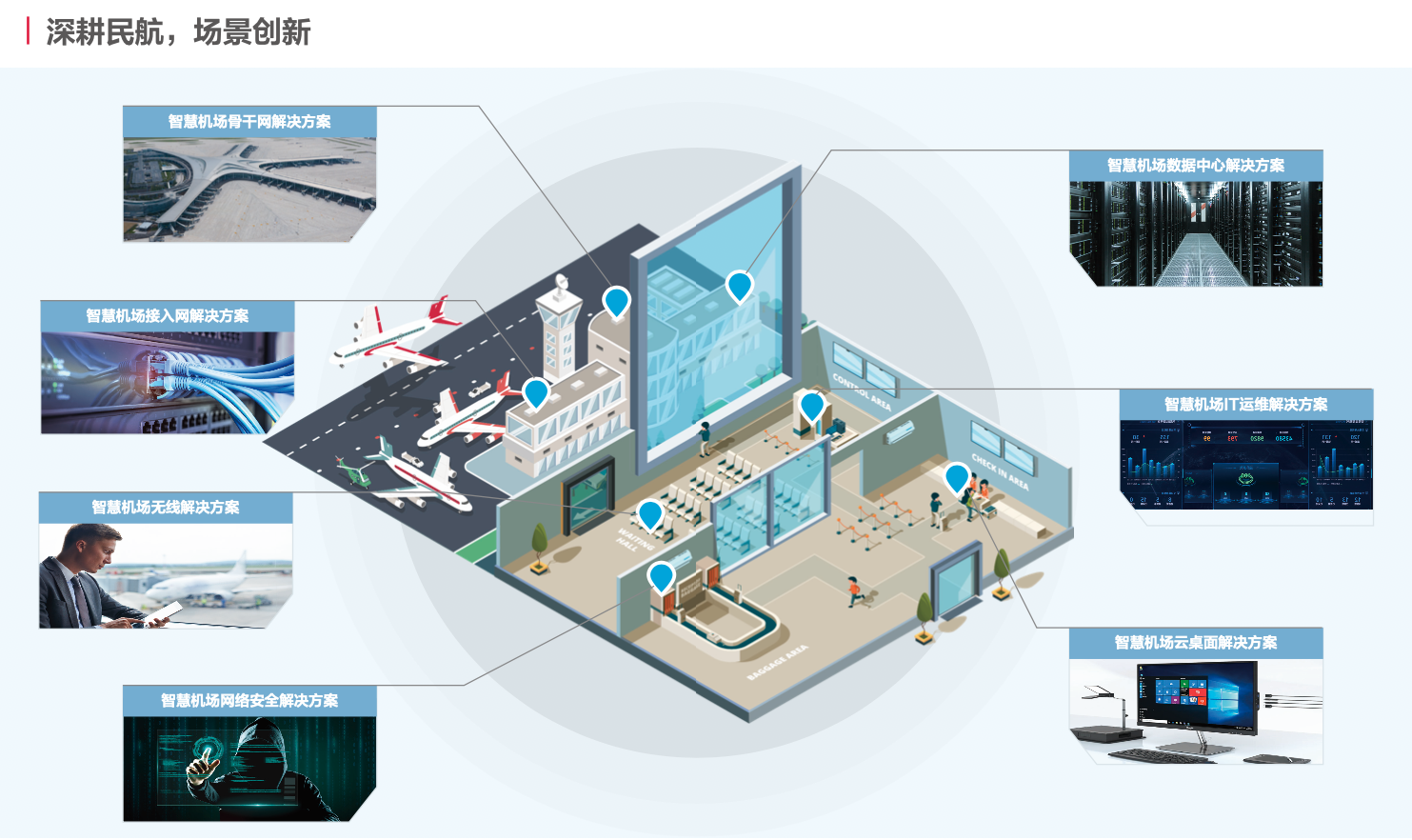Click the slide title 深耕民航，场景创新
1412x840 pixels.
[178, 32]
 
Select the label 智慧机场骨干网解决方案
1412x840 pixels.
[249, 122]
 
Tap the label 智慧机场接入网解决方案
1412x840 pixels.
[168, 316]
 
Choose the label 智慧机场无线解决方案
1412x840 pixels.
[166, 508]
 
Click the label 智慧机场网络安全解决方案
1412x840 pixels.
[249, 701]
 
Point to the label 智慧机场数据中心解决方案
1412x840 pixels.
[1196, 166]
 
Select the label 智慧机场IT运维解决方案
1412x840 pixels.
[1246, 405]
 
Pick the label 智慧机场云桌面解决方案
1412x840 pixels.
[1196, 643]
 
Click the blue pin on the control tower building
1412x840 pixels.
[617, 301]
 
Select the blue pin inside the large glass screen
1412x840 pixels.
[740, 285]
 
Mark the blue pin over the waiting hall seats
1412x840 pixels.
[650, 514]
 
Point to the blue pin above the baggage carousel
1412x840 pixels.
[661, 575]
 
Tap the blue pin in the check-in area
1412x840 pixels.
[957, 476]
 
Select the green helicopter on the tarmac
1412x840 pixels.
[354, 471]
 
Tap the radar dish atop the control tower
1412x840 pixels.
[560, 282]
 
